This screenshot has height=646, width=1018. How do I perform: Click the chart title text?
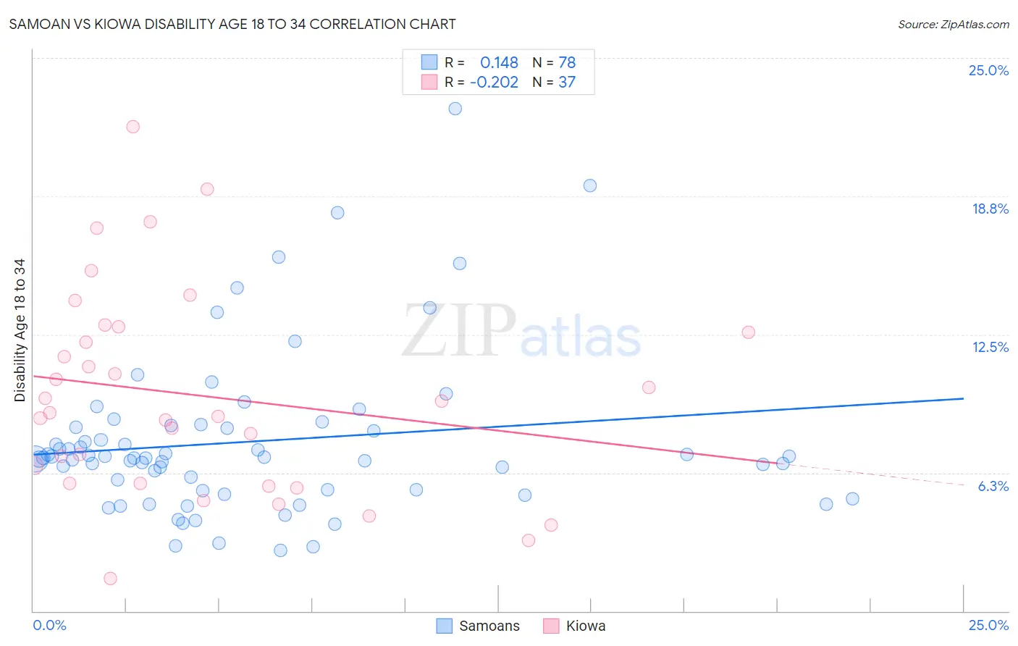click(x=232, y=24)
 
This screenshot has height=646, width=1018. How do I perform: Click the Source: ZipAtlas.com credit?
click(x=953, y=24)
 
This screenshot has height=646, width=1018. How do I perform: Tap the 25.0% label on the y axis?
click(x=988, y=70)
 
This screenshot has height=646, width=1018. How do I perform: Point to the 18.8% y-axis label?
click(x=990, y=209)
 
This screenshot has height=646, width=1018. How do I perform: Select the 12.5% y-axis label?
click(x=990, y=347)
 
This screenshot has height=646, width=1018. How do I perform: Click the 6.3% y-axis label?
click(x=993, y=486)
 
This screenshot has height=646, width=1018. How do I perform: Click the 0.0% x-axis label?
click(x=49, y=625)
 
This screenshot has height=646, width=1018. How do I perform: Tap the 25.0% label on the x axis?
click(x=988, y=625)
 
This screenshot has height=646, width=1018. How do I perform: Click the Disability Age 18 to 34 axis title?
click(x=20, y=330)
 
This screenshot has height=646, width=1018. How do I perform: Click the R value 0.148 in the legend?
click(x=499, y=63)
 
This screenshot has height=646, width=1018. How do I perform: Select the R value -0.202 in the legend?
click(x=494, y=83)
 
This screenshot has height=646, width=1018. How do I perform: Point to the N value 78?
click(x=567, y=63)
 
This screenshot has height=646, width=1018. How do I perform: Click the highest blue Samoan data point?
click(x=455, y=109)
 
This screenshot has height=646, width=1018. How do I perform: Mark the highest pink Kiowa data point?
click(x=132, y=127)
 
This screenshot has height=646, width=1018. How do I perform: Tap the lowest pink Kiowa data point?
click(x=110, y=578)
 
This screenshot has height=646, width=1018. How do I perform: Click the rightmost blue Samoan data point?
click(x=852, y=499)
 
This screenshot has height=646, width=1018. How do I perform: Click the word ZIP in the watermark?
click(x=459, y=331)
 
